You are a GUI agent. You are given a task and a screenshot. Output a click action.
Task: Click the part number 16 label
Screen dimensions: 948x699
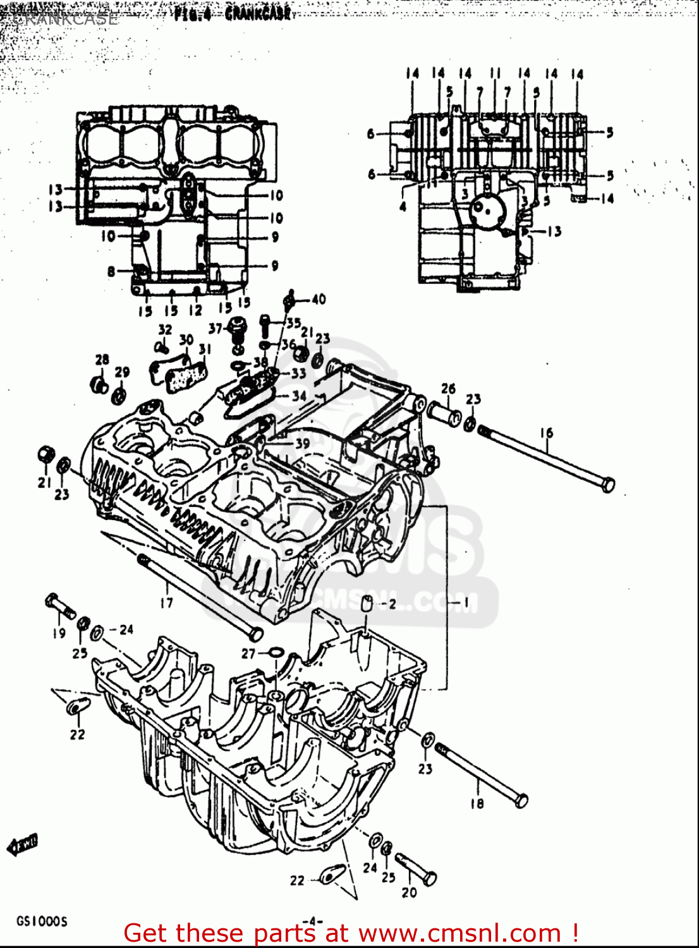click(547, 433)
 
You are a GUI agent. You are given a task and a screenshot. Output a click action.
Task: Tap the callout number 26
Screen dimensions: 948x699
click(448, 388)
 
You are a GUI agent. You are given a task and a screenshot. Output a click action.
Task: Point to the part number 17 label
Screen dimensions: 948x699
click(166, 602)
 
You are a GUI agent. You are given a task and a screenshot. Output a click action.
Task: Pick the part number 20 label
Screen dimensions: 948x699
click(409, 892)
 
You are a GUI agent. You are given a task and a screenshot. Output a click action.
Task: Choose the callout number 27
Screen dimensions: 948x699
click(248, 653)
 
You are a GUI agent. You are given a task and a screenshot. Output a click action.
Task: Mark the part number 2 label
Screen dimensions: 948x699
click(392, 604)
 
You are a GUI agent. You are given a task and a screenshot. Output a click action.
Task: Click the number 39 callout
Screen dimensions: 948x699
click(303, 444)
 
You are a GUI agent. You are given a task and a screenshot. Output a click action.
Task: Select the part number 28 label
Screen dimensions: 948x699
click(102, 360)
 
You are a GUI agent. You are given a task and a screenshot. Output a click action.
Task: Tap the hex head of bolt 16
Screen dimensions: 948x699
click(607, 485)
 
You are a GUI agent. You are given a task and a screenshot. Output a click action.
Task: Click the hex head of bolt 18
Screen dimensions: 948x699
click(521, 801)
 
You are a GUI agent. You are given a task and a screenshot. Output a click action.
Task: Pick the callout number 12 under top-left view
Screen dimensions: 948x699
click(196, 310)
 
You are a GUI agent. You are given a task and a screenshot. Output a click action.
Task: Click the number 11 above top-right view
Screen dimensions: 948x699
click(495, 73)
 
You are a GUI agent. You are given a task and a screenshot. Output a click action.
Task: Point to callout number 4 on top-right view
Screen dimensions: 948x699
click(403, 207)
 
